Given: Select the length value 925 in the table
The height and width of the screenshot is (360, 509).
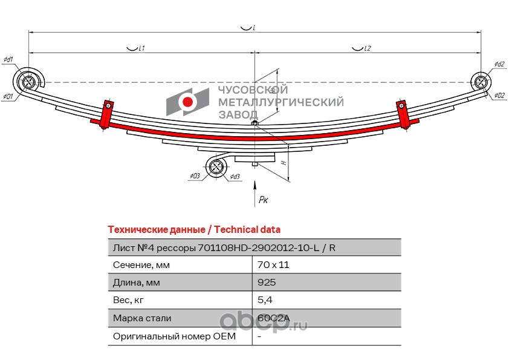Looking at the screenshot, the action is pos(266,283).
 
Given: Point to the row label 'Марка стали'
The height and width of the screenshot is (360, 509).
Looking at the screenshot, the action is pos(142,318).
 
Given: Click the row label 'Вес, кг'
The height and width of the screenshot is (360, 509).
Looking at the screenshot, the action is pos(129,300).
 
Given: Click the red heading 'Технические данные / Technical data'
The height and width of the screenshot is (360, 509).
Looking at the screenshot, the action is pos(193,230).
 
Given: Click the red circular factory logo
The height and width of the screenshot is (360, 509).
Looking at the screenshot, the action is pos(189,101).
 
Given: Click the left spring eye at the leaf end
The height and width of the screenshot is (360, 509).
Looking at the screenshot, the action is pos(27,82).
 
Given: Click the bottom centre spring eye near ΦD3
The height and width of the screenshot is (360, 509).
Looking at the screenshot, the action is pos(216,168).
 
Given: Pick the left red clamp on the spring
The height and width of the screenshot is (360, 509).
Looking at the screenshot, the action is pos(106,114).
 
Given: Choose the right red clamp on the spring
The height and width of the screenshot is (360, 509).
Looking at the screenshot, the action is pos(403,114).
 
